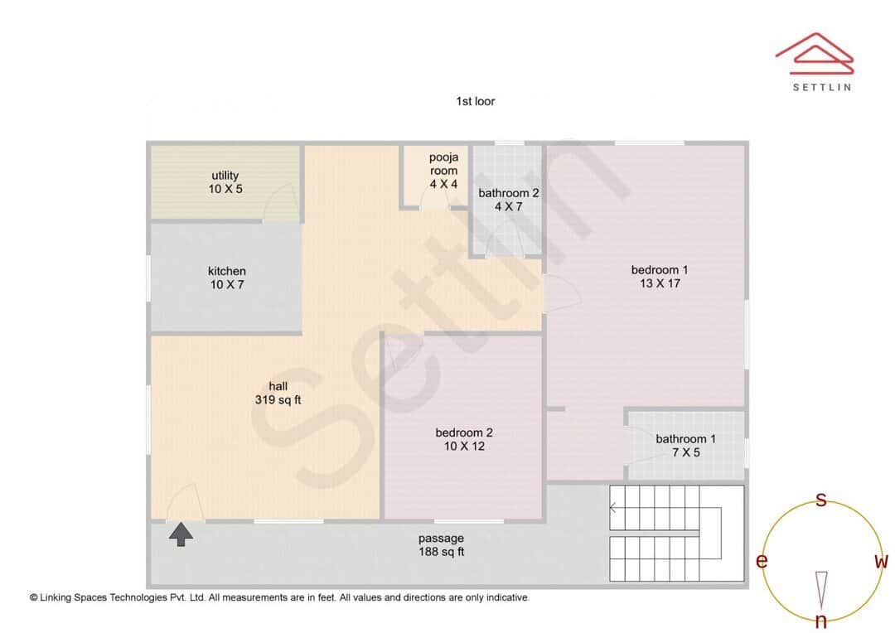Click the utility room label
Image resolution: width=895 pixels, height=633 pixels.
click(225, 182)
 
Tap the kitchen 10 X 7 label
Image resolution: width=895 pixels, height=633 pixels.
click(226, 278)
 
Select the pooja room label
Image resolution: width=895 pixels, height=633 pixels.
click(443, 171)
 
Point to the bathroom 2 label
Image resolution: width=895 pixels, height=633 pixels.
click(509, 200)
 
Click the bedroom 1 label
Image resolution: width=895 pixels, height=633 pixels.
click(660, 277)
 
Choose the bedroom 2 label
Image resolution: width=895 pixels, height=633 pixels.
click(464, 439)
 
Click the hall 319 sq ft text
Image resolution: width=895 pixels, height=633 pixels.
click(278, 393)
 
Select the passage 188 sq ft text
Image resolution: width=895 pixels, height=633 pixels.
click(441, 545)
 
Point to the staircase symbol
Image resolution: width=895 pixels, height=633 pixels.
click(675, 533)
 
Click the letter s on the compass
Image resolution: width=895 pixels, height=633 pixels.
click(821, 500)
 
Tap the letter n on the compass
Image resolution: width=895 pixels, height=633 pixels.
click(821, 621)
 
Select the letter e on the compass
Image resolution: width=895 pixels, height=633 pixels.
click(761, 562)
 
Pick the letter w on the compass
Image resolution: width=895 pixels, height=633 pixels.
click(881, 562)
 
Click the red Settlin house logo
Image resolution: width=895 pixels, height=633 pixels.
click(815, 51)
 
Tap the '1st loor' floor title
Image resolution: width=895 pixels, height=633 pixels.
click(475, 101)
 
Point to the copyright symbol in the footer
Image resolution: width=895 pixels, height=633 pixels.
click(34, 597)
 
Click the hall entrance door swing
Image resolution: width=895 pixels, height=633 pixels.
click(184, 502)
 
